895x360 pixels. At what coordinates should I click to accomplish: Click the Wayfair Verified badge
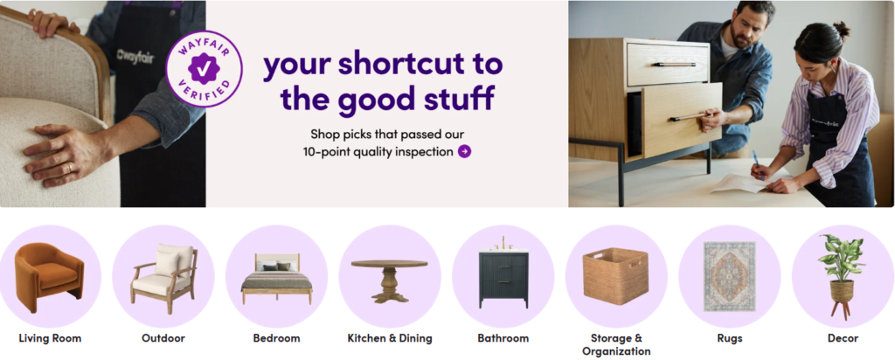click(205, 68)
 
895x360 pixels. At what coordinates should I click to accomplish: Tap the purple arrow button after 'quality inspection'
click(465, 152)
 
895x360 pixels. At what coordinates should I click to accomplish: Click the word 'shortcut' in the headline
click(387, 64)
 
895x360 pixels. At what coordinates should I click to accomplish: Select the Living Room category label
click(50, 338)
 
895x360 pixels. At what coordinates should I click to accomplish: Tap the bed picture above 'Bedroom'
click(277, 279)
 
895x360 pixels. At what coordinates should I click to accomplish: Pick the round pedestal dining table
click(389, 280)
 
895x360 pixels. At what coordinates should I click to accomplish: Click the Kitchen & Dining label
click(390, 338)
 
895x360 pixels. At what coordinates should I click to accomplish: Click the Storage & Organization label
click(616, 344)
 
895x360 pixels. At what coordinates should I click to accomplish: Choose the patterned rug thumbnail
click(730, 277)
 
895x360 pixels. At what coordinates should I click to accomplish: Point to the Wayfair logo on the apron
click(135, 57)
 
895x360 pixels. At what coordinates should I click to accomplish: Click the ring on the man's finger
click(69, 168)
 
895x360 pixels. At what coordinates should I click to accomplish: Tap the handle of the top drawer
click(674, 64)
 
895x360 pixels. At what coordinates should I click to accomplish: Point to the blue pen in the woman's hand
click(758, 165)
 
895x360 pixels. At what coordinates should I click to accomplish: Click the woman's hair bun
click(841, 29)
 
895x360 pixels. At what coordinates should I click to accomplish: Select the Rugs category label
click(730, 338)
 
